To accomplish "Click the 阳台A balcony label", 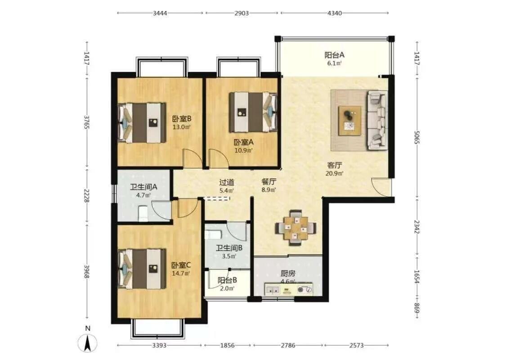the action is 334,55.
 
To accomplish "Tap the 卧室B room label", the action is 182,118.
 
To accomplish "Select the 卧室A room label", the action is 244,142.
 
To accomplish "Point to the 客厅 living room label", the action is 335,165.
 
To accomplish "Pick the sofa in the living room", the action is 377,121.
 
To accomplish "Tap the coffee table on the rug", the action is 350,121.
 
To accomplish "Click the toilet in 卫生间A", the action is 143,214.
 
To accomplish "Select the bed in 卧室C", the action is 142,269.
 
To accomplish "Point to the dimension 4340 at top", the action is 334,13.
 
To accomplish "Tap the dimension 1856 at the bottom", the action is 227,346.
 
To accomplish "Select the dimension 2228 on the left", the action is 86,196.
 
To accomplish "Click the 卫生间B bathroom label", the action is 229,248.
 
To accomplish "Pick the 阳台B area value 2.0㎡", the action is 227,288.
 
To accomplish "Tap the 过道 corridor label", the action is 227,182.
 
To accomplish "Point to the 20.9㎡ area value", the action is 335,173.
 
